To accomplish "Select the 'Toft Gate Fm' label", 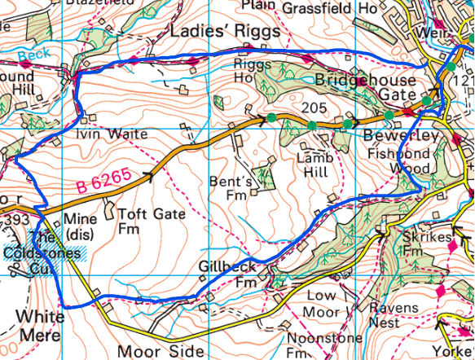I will pyautogui.click(x=152, y=222).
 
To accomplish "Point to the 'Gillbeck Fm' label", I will pyautogui.click(x=227, y=274).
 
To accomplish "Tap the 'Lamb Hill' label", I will pyautogui.click(x=312, y=165).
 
